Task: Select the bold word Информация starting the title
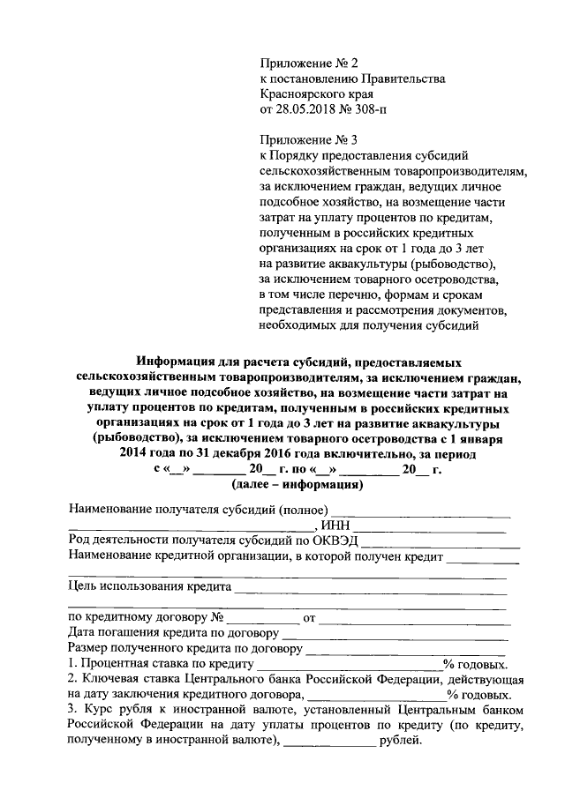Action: click(180, 362)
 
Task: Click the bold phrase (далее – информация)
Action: click(295, 485)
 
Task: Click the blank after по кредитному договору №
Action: click(262, 621)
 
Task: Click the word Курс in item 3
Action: click(96, 709)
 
